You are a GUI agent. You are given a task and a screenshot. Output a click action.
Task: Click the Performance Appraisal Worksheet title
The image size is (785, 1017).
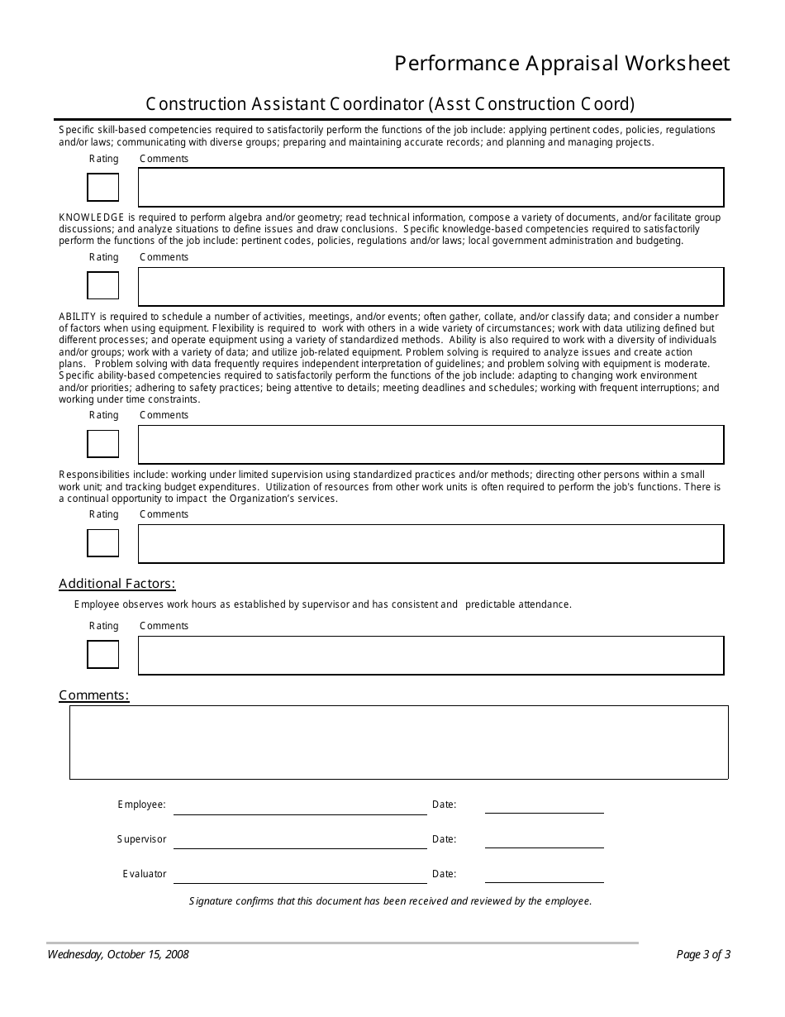point(562,64)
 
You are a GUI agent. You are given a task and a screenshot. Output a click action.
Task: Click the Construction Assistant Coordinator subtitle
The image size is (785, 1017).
point(390,104)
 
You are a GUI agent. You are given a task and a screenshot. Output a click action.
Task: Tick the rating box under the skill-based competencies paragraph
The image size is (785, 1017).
point(103,188)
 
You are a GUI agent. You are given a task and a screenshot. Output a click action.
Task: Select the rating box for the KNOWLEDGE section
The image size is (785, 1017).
point(103,286)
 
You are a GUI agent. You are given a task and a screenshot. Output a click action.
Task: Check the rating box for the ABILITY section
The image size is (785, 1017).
point(103,444)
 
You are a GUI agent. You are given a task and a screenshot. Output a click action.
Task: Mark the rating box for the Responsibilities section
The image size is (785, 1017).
point(103,543)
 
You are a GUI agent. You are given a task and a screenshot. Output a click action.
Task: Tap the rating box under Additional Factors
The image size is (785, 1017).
point(103,655)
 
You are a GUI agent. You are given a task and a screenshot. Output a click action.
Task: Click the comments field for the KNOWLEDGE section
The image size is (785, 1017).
point(431,287)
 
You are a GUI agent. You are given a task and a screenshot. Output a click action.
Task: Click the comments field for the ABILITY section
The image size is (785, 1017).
point(431,445)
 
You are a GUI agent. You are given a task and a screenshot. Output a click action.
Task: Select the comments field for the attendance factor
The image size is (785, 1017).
point(431,656)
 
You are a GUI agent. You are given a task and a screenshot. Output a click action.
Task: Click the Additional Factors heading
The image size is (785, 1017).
point(117,584)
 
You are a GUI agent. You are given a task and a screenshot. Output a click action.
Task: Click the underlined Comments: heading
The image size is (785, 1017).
point(94,695)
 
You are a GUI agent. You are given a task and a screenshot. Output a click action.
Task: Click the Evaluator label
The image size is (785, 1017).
point(145,874)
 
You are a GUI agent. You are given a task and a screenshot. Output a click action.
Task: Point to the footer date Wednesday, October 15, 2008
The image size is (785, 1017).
point(118,954)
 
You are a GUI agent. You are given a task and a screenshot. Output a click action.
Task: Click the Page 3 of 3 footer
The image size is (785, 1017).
point(703,954)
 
